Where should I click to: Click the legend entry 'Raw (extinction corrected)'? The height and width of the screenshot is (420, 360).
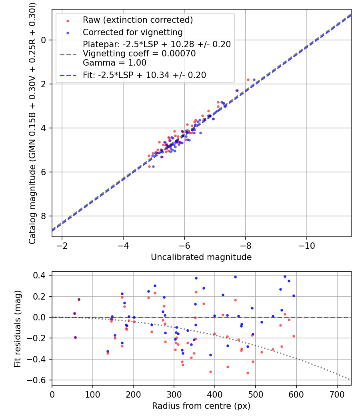138,20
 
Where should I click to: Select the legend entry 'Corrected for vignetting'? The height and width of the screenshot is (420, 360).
132,32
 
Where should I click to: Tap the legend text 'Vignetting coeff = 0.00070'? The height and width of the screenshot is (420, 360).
139,54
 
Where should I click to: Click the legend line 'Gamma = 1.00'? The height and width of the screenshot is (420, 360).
114,63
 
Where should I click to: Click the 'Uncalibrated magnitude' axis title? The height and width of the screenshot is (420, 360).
201,257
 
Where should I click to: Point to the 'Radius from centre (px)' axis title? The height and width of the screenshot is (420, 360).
201,406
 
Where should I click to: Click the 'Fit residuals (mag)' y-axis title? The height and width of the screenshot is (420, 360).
18,328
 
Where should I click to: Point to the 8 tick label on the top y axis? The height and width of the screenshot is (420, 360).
44,216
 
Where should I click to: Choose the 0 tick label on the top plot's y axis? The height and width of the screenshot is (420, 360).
44,40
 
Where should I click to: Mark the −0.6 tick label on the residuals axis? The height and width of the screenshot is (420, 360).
39,380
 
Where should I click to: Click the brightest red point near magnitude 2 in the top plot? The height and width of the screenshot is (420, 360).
248,80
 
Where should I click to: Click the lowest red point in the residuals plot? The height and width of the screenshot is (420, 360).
248,373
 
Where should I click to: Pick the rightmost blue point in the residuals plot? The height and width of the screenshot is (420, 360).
294,296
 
